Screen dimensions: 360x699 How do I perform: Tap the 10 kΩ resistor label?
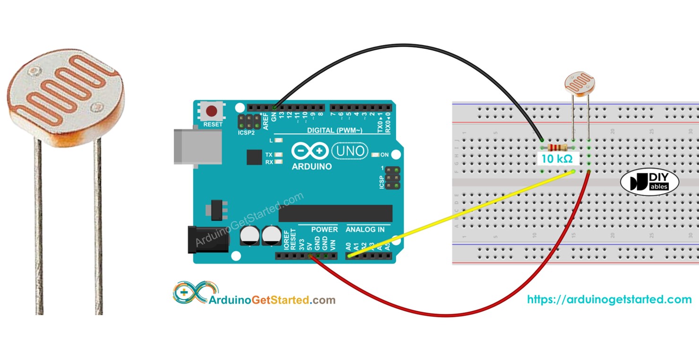(557, 159)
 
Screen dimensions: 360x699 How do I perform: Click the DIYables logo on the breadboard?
(649, 182)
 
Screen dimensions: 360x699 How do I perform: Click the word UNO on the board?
(350, 152)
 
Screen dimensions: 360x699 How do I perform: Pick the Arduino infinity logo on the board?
(310, 152)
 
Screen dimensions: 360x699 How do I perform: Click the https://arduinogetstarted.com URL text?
(609, 300)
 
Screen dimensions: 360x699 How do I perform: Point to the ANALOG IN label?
(365, 230)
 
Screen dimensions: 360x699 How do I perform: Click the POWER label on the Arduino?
(324, 230)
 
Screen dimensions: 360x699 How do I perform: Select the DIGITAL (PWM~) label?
(335, 130)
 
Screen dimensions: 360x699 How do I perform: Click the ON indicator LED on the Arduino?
(376, 155)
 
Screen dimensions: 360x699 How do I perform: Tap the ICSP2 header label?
(246, 133)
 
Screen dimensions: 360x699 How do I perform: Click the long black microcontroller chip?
(335, 214)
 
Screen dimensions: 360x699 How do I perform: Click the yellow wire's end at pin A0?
(350, 256)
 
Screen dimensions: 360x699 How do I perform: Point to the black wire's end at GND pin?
(275, 107)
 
